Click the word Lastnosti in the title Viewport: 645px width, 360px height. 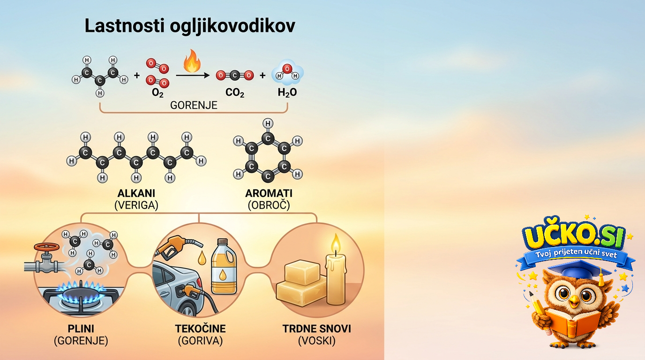click(x=125, y=26)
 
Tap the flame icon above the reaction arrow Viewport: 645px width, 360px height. click(x=192, y=61)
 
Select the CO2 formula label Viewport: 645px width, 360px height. click(x=235, y=92)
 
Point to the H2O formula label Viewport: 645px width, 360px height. click(x=287, y=92)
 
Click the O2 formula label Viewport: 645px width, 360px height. click(x=157, y=93)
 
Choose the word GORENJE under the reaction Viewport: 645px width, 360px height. click(x=194, y=105)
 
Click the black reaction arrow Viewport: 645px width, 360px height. click(x=193, y=75)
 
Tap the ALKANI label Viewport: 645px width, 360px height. click(x=136, y=193)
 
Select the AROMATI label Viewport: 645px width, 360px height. click(x=269, y=193)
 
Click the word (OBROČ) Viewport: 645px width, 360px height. click(x=269, y=205)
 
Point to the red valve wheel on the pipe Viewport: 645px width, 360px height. click(x=47, y=247)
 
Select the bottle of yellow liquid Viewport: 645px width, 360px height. click(x=224, y=266)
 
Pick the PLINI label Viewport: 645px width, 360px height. click(x=81, y=329)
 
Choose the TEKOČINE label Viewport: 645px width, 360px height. click(x=201, y=329)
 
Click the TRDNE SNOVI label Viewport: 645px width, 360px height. click(x=317, y=329)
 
